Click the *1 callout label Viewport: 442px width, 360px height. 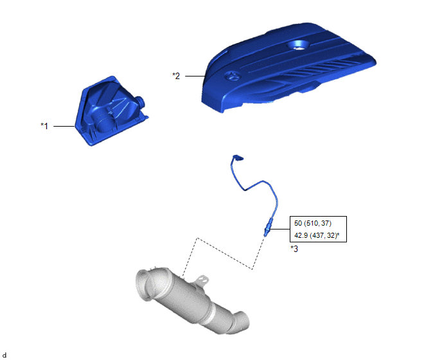tap(44, 126)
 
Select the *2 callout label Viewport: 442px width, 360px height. tap(176, 76)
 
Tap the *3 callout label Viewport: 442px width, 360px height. tap(294, 249)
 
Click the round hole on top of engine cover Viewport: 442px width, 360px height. tap(299, 45)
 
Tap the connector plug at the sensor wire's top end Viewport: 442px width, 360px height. tap(238, 157)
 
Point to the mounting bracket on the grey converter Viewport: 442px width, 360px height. tap(202, 281)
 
